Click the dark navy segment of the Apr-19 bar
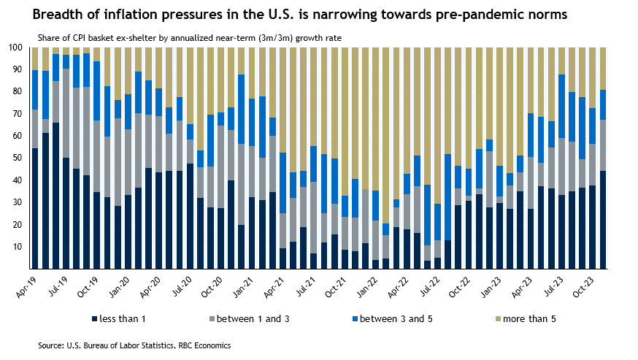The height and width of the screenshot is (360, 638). tap(34, 209)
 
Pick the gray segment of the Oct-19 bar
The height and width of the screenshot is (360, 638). tap(97, 156)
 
